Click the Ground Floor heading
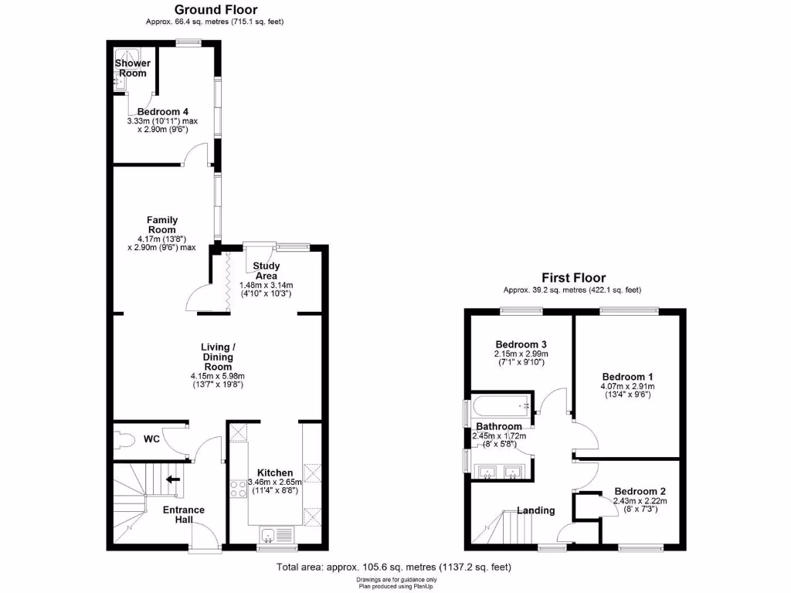(x=216, y=9)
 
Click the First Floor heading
(x=573, y=278)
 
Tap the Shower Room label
(x=133, y=68)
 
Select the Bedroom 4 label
(x=163, y=112)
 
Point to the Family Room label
(x=162, y=225)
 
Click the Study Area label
(x=266, y=271)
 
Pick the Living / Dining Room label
(x=217, y=357)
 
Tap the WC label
(x=151, y=439)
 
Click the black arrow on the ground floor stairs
(x=173, y=479)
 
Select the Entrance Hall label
(x=183, y=515)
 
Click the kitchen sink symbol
(x=276, y=534)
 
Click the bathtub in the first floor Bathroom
(x=500, y=404)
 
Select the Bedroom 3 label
(x=521, y=344)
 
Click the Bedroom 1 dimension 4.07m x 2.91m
(x=627, y=386)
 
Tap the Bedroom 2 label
(x=640, y=491)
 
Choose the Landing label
(x=535, y=510)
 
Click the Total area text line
(x=394, y=568)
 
